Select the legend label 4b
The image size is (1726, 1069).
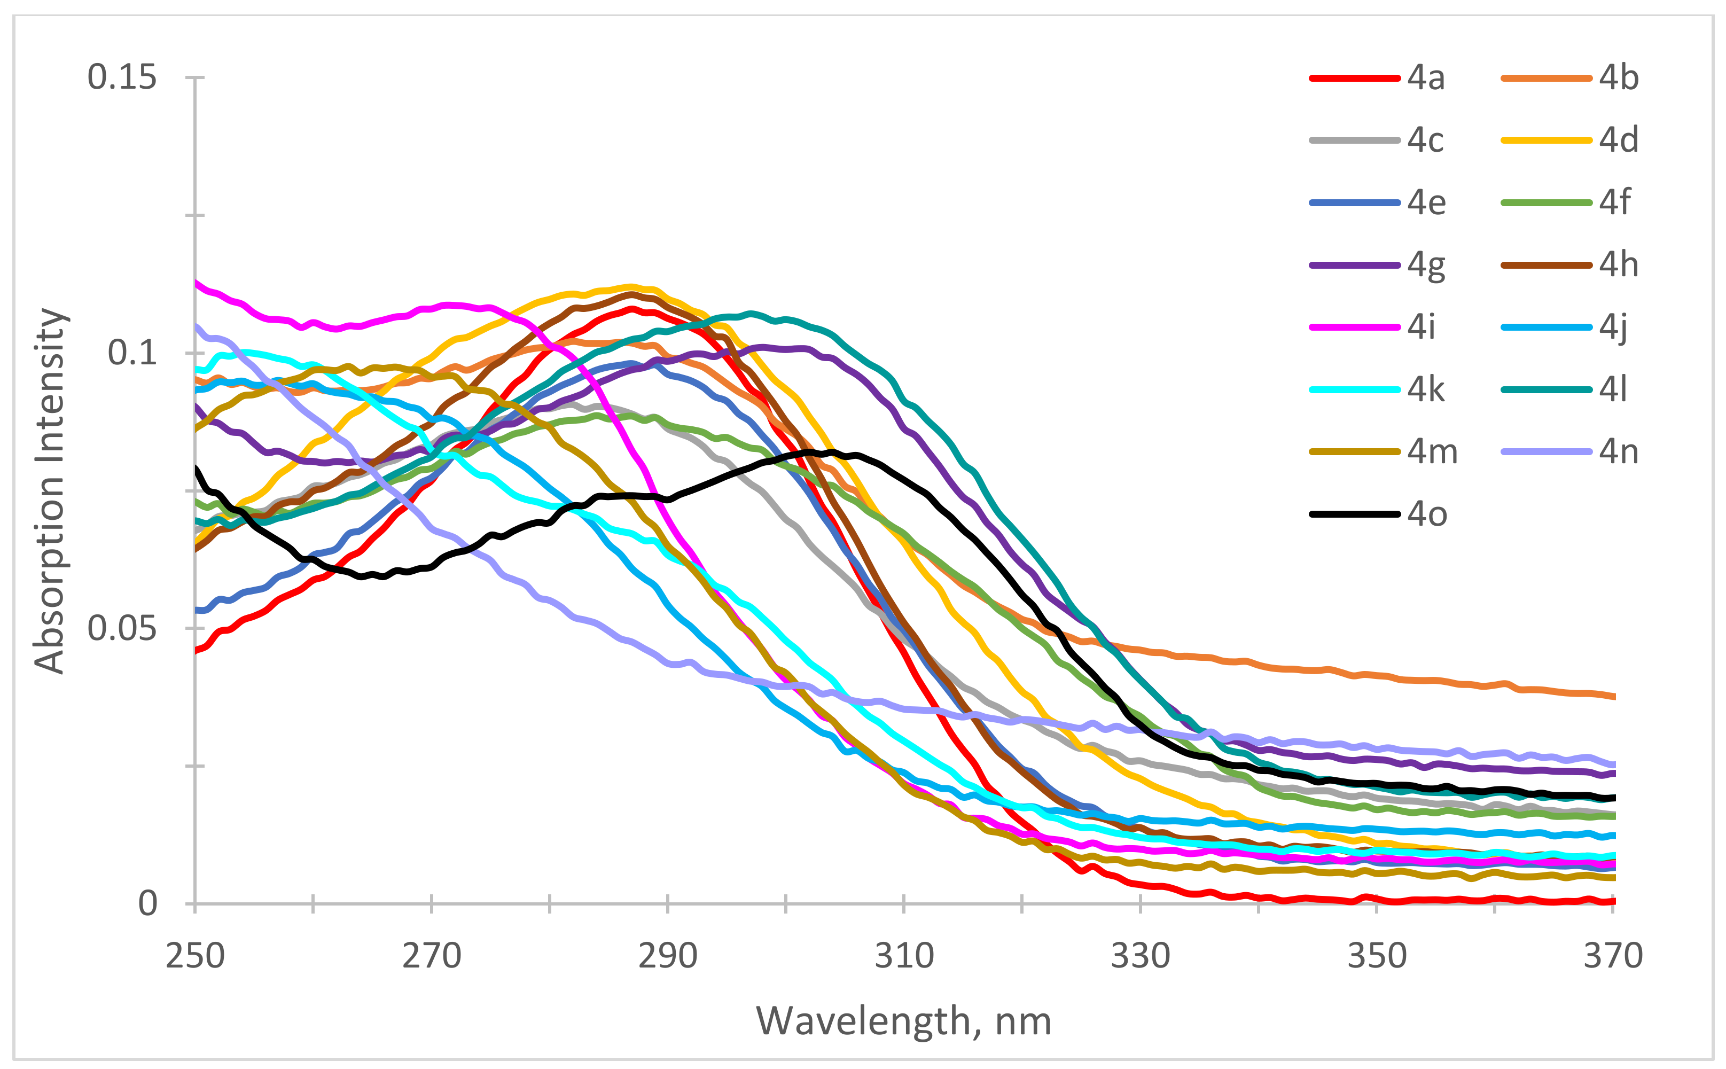pyautogui.click(x=1618, y=78)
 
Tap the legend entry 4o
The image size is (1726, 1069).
pyautogui.click(x=1426, y=514)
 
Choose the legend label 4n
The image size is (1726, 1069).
pyautogui.click(x=1618, y=452)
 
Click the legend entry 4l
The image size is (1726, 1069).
pyautogui.click(x=1612, y=389)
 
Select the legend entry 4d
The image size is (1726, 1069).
pyautogui.click(x=1618, y=140)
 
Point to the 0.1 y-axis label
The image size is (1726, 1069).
pyautogui.click(x=131, y=352)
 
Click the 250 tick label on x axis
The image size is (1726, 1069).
pyautogui.click(x=195, y=956)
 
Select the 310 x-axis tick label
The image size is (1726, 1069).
pyautogui.click(x=904, y=956)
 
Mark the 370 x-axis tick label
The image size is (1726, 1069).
pyautogui.click(x=1613, y=956)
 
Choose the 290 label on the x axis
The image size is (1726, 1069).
pyautogui.click(x=667, y=956)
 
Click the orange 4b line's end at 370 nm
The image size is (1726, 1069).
pyautogui.click(x=1613, y=697)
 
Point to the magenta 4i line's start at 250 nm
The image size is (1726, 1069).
pyautogui.click(x=197, y=282)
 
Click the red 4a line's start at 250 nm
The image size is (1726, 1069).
pyautogui.click(x=197, y=651)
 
